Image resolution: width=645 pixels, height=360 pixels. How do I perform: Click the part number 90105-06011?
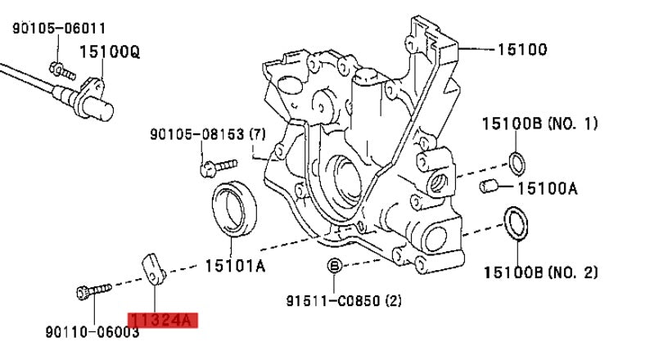pos(59,28)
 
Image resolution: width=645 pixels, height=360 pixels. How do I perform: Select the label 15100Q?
pos(109,52)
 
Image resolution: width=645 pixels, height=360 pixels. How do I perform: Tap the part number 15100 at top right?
pos(521,49)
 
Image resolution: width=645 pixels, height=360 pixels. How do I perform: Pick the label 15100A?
pos(547,187)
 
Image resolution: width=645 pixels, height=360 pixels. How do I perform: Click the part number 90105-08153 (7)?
pos(207,133)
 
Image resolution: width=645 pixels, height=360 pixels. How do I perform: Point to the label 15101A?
pos(235,266)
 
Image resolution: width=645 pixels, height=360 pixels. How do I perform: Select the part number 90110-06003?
pos(92,331)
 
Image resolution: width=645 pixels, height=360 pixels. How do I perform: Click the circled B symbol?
pos(334,265)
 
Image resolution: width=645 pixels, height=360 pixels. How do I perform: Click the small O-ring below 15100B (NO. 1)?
pos(517,162)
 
